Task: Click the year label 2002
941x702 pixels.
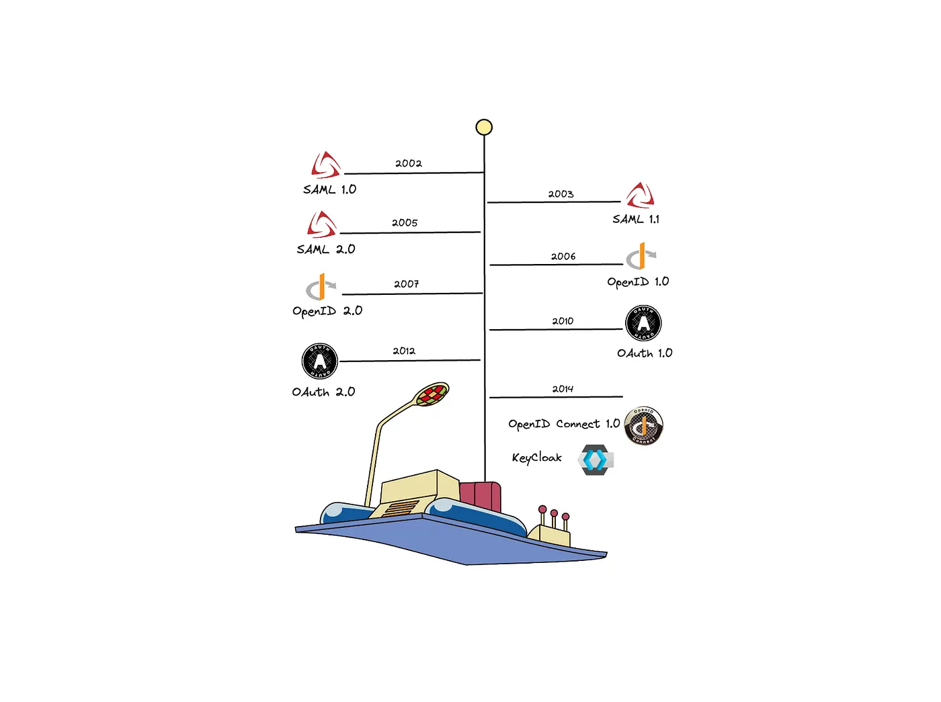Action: click(408, 163)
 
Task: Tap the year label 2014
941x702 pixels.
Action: click(563, 389)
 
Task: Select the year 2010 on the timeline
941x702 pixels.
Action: click(563, 321)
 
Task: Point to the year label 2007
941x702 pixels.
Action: click(407, 284)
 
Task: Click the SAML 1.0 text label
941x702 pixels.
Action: click(329, 189)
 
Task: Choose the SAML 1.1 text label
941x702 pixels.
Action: click(636, 219)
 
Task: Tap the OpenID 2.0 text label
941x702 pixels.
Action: click(327, 311)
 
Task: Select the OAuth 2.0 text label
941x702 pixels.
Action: click(323, 392)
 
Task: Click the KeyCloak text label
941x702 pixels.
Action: click(537, 458)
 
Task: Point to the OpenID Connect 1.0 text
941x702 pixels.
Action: click(564, 424)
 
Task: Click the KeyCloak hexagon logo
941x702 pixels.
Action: click(596, 459)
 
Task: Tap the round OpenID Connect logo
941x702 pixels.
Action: click(643, 426)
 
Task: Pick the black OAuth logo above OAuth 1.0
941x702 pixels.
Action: click(643, 323)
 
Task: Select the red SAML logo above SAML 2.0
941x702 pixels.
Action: click(321, 225)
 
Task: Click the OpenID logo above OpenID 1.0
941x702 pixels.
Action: click(641, 256)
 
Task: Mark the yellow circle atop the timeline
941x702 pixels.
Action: click(484, 127)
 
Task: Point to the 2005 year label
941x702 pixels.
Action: click(404, 223)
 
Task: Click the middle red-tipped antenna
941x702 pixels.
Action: click(554, 518)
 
